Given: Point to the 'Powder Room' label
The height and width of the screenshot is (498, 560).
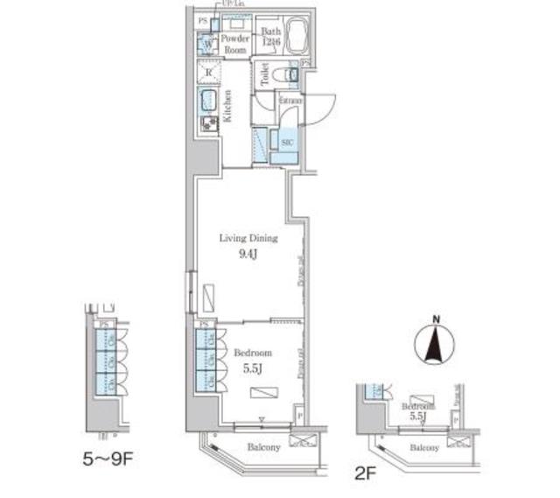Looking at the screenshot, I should click(234, 45).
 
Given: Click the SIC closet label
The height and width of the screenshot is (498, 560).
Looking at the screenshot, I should click(286, 140).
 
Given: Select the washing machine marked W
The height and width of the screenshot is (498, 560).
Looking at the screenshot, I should click(208, 44).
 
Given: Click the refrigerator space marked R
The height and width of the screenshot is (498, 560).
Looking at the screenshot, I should click(209, 72).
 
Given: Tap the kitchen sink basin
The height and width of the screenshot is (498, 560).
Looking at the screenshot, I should click(210, 99).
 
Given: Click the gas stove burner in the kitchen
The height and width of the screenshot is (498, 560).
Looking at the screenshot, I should click(210, 124).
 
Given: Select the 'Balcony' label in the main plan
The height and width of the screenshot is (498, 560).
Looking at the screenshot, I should click(262, 448).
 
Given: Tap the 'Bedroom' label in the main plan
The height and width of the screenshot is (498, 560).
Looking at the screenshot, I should click(252, 353).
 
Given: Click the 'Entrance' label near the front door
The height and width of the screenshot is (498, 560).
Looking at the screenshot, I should click(291, 101).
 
